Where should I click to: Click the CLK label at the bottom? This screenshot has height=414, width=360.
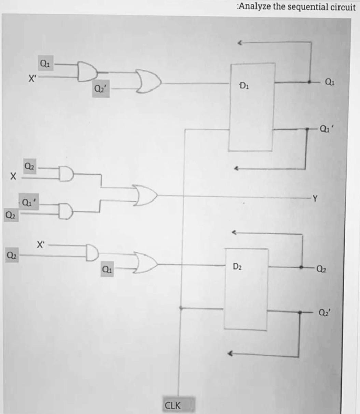click(173, 405)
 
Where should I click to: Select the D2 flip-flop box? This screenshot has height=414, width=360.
click(246, 289)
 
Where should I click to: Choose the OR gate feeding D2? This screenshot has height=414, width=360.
click(146, 264)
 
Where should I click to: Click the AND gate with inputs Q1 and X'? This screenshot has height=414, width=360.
click(87, 71)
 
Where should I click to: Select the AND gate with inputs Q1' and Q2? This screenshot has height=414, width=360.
click(66, 211)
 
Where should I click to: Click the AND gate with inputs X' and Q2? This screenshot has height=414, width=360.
click(92, 252)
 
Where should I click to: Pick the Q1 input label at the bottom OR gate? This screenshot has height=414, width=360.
click(107, 270)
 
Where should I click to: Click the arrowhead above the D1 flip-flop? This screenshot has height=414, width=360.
click(240, 43)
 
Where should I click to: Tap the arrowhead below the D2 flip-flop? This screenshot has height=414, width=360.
click(231, 354)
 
